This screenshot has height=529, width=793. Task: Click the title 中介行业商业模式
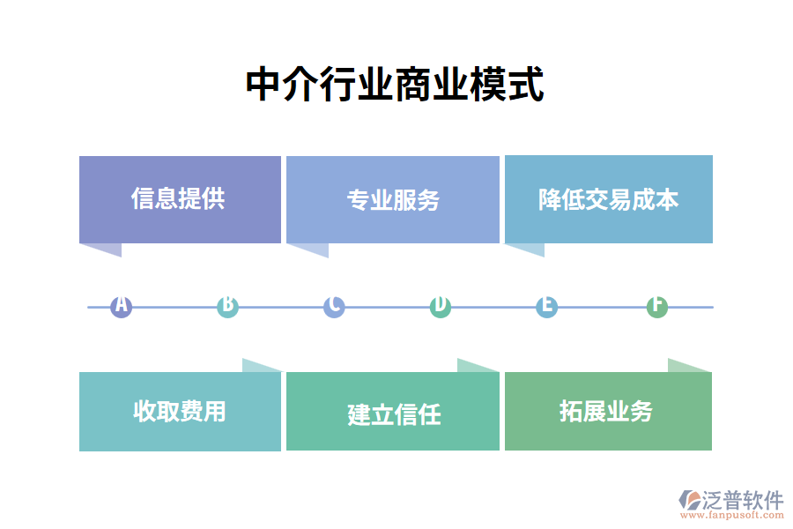395,86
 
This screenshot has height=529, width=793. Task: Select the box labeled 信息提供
180,199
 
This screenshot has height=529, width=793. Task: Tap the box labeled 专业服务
393,200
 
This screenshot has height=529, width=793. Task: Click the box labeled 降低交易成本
608,199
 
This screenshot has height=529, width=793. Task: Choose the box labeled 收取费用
180,411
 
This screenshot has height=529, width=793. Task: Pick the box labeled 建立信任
393,413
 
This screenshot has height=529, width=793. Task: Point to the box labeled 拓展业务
608,411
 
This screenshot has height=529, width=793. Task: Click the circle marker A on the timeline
121,307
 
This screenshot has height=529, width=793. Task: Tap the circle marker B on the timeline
227,307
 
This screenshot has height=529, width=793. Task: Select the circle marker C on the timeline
334,307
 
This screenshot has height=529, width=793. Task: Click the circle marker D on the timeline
441,307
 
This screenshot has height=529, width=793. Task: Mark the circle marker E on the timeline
547,307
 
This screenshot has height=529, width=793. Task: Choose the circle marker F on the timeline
656,307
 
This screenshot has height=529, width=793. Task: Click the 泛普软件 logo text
743,500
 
